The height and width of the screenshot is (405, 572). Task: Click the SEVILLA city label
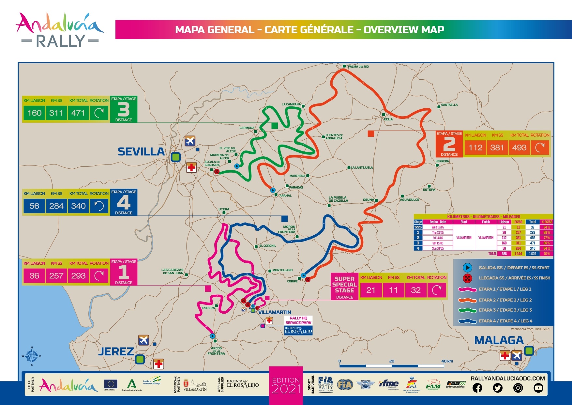[x=141, y=152]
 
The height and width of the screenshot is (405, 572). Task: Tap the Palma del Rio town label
[x=358, y=67]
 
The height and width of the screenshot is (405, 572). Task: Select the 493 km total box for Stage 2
[x=519, y=148]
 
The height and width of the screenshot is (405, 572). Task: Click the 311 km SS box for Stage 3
[x=56, y=113]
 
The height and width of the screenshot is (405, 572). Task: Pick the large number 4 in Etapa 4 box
[x=124, y=203]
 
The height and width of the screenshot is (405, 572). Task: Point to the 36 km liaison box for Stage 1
[x=34, y=276]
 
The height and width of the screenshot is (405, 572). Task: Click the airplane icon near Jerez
[x=143, y=340]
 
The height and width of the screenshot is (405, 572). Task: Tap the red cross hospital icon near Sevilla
[x=191, y=168]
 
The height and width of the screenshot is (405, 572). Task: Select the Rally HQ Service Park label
[x=298, y=320]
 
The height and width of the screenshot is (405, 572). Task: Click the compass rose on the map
[x=32, y=356]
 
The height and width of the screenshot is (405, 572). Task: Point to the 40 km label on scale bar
[x=447, y=361]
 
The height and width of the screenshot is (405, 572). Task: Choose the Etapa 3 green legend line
[x=468, y=310]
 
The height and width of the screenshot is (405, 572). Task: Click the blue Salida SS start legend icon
[x=467, y=268]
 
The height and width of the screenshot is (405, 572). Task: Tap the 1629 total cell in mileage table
[x=532, y=254]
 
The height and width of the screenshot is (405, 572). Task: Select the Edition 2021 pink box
[x=286, y=385]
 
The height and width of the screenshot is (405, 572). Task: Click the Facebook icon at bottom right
[x=477, y=388]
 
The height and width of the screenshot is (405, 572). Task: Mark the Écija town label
[x=388, y=119]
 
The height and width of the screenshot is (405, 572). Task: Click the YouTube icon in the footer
[x=538, y=388]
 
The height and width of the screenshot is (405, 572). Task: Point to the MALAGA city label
[x=499, y=340]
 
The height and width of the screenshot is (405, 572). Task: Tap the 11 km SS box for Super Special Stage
[x=393, y=290]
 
